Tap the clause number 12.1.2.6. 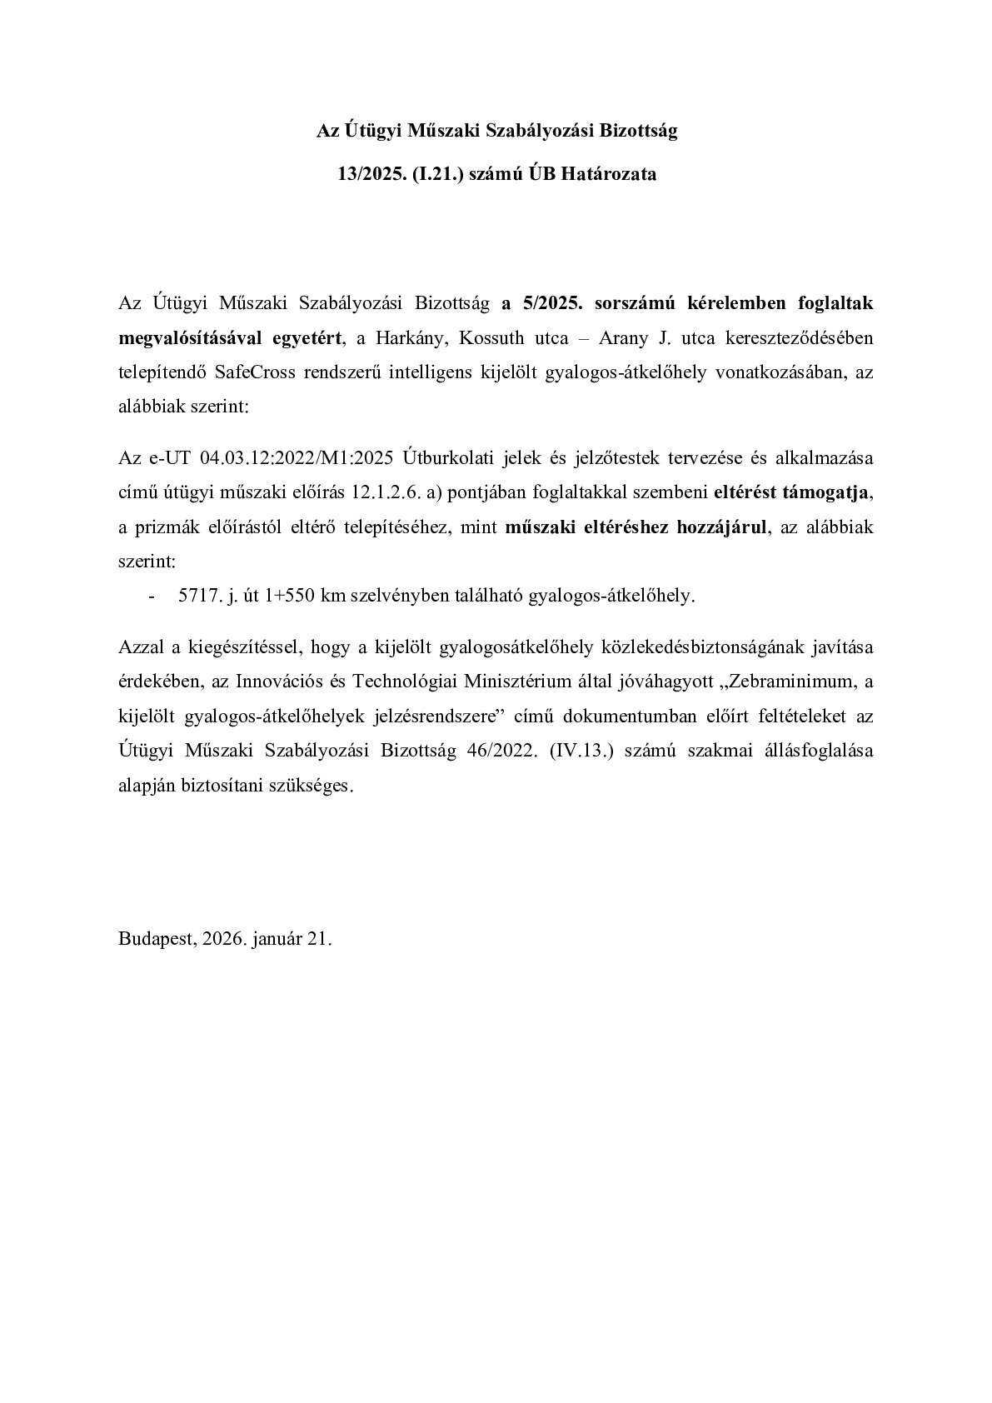coord(386,492)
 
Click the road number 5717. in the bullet coord(197,596)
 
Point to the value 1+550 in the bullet coord(298,596)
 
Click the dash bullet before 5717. coord(151,596)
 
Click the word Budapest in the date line coord(155,939)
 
